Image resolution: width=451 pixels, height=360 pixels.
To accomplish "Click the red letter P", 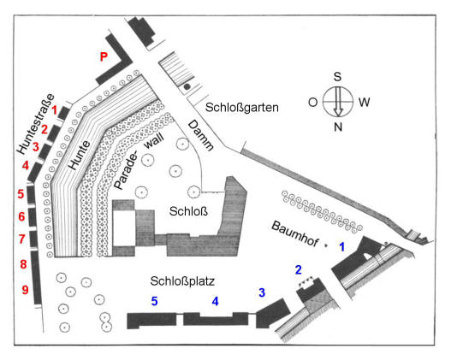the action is point(104,56).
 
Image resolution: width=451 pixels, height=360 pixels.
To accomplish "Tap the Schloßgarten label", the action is point(242,108).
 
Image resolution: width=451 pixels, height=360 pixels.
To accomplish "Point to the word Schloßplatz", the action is point(182,281).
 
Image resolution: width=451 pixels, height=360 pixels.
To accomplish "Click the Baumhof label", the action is point(294,233).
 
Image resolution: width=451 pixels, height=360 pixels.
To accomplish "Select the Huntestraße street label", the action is point(35,124).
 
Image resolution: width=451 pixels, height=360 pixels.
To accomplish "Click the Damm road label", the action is point(200,135).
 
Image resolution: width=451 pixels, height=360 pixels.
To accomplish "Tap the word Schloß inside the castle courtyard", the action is point(188,211).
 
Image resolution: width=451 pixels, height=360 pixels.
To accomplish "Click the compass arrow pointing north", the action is point(338,102).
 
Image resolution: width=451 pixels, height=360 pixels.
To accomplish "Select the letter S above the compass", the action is point(337,77).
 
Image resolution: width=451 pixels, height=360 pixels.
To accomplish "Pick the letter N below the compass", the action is point(338,127).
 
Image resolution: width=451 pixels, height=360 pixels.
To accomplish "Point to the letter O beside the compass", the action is point(312,102).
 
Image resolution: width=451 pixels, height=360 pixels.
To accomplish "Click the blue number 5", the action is point(154,301).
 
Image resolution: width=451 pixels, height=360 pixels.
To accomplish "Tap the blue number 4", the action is point(215,301).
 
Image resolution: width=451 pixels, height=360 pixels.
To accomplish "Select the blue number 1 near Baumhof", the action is point(341,247).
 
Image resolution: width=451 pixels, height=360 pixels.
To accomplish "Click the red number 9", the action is point(26,290).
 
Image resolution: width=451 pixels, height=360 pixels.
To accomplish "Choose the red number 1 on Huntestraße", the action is point(55,109).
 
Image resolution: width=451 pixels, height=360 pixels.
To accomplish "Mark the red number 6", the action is point(21,216).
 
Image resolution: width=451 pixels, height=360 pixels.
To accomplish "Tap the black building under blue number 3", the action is point(272,314).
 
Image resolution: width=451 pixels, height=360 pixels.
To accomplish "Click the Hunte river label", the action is point(80,155).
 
